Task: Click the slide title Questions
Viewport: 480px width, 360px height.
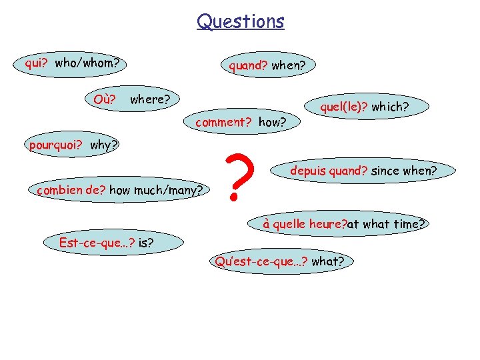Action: pyautogui.click(x=240, y=21)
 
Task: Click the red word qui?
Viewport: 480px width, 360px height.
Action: pyautogui.click(x=37, y=63)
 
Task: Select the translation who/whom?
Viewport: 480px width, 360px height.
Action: pyautogui.click(x=87, y=63)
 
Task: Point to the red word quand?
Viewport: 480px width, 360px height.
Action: pyautogui.click(x=248, y=65)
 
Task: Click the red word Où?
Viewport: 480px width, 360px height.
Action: pyautogui.click(x=106, y=100)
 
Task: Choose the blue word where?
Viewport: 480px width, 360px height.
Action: pyautogui.click(x=150, y=100)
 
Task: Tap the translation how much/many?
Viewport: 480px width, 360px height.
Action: pyautogui.click(x=156, y=190)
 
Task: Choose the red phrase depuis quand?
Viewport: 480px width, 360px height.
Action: pyautogui.click(x=329, y=171)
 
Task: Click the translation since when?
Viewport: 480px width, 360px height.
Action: pyautogui.click(x=404, y=171)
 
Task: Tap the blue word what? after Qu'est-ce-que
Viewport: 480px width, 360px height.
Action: pyautogui.click(x=328, y=261)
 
